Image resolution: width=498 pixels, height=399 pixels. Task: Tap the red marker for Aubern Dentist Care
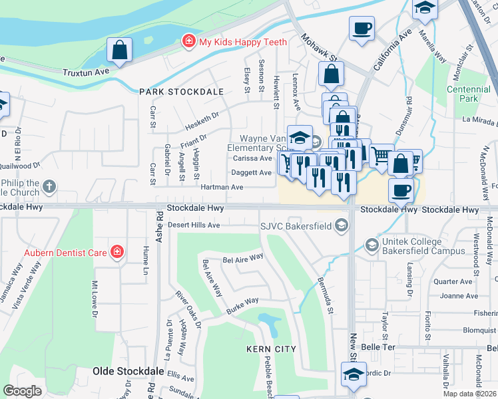(117, 251)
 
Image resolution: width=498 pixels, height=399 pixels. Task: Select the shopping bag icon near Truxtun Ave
(120, 50)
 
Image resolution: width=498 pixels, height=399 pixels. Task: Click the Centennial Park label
(463, 94)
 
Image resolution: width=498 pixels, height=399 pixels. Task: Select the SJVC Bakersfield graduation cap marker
(342, 225)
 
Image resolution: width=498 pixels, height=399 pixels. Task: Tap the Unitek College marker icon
(372, 246)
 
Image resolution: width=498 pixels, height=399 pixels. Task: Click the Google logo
(22, 390)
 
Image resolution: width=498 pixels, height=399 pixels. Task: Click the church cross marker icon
(49, 187)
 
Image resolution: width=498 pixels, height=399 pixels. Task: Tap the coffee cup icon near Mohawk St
(362, 29)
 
